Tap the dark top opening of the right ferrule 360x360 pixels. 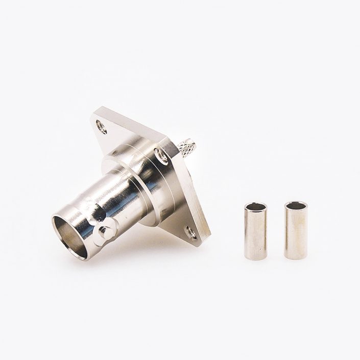point(296,206)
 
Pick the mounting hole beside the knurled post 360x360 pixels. point(162,155)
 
